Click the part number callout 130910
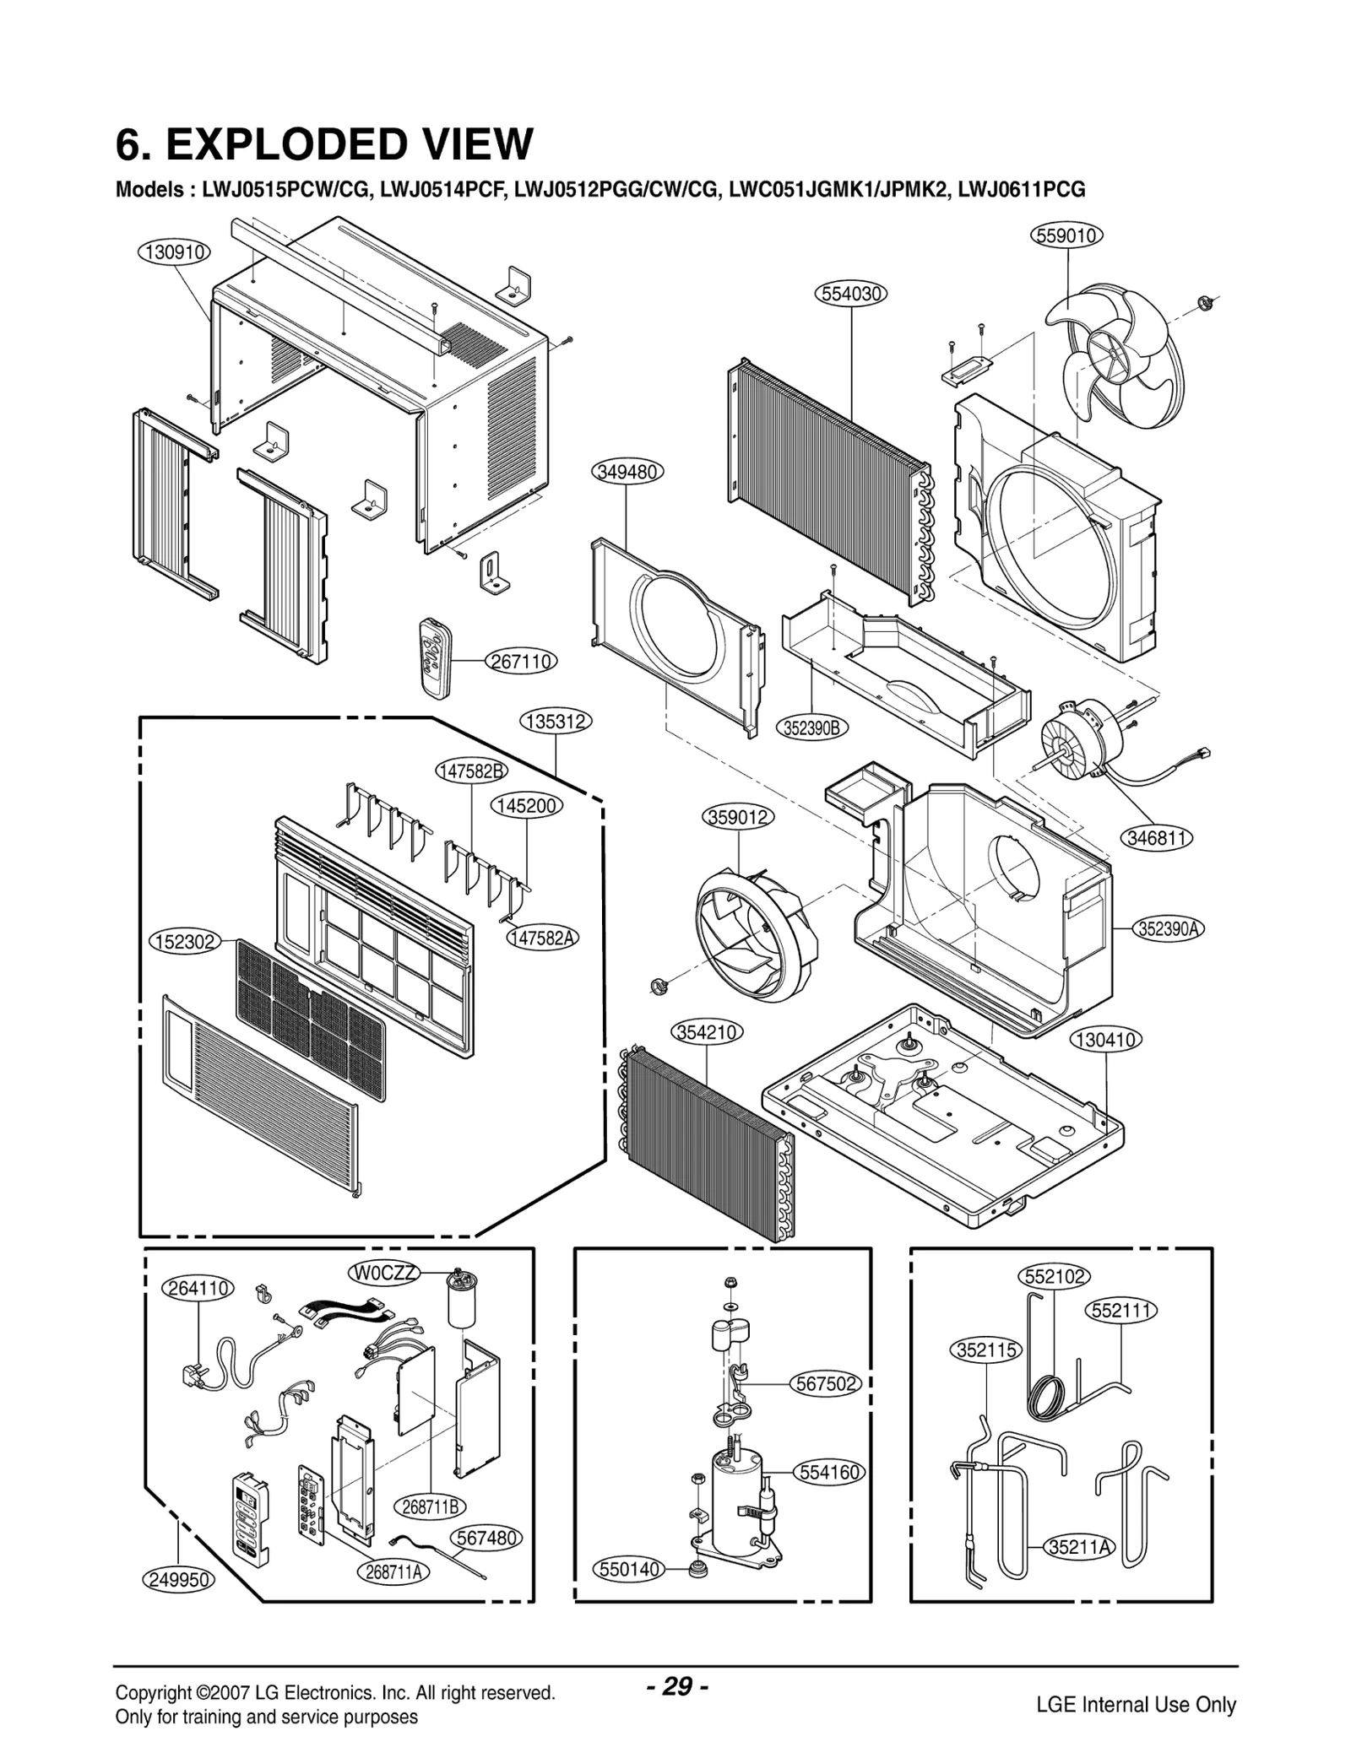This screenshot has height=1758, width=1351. pyautogui.click(x=173, y=252)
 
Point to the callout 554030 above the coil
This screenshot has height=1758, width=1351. pyautogui.click(x=851, y=294)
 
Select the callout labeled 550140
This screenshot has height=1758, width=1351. pyautogui.click(x=628, y=1570)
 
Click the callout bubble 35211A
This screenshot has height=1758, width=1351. pyautogui.click(x=1080, y=1547)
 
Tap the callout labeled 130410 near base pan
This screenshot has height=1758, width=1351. pyautogui.click(x=1106, y=1040)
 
